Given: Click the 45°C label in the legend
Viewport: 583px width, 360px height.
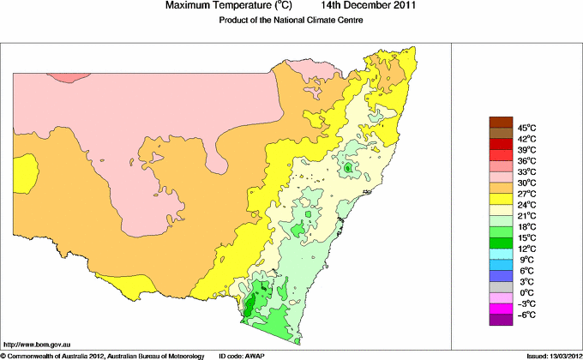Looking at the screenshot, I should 526,128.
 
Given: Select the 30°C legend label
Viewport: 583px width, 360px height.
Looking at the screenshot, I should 526,183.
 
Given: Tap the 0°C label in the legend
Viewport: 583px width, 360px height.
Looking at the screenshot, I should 526,292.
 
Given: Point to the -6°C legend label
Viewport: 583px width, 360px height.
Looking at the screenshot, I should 526,315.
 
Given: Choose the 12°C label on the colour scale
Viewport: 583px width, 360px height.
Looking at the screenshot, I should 526,249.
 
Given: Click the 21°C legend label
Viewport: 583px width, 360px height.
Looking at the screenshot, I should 526,215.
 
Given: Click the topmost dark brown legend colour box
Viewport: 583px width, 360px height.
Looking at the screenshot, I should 500,122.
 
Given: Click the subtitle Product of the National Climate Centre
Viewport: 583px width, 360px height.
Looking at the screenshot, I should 292,21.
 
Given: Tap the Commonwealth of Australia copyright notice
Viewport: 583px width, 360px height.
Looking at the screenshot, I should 103,355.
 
